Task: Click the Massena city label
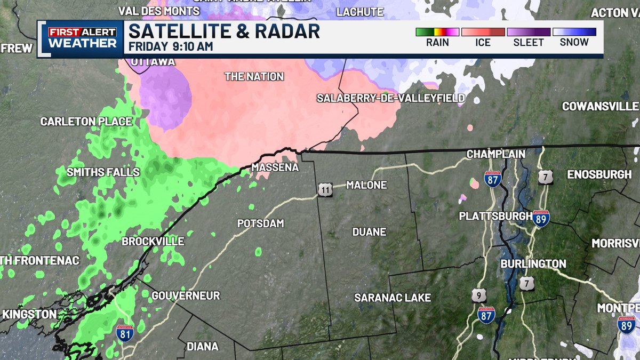[x=275, y=167]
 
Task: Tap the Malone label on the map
[x=366, y=185]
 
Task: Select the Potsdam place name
[x=261, y=223]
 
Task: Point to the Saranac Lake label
[x=393, y=298]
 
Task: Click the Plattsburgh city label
[x=495, y=216]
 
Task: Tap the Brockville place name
[x=153, y=241]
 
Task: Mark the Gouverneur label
[x=186, y=295]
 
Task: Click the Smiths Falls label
[x=103, y=172]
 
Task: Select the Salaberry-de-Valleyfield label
[x=390, y=98]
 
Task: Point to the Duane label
[x=369, y=232]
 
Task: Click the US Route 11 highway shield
[x=326, y=189]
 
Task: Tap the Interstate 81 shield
[x=123, y=333]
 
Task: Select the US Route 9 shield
[x=478, y=295]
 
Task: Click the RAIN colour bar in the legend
[x=437, y=32]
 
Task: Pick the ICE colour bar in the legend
[x=483, y=32]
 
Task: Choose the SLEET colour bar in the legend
[x=528, y=32]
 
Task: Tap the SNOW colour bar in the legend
[x=574, y=32]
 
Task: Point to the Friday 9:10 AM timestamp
[x=171, y=46]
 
